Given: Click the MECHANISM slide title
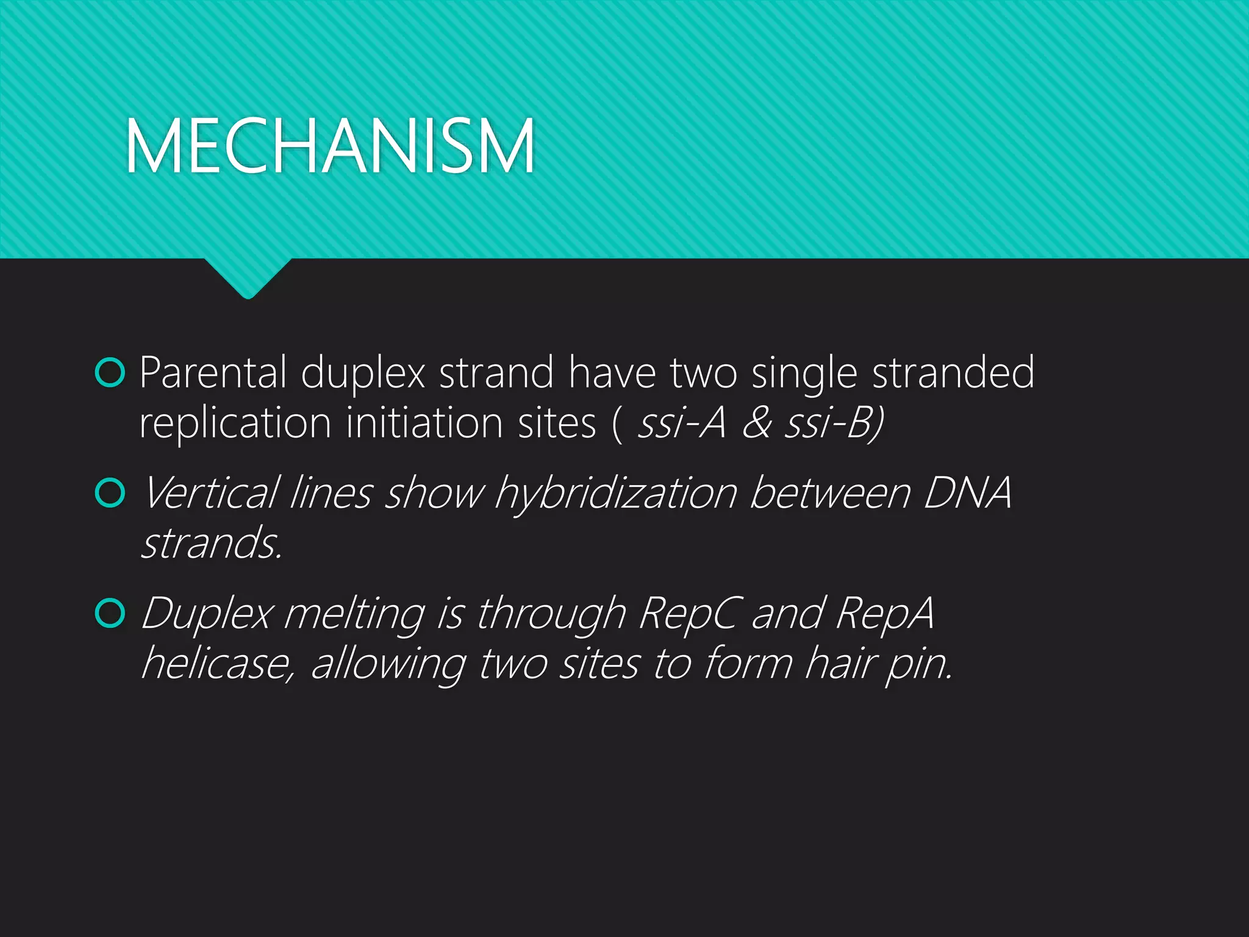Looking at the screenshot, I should pos(329,146).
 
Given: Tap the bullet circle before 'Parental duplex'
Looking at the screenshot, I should pos(110,373).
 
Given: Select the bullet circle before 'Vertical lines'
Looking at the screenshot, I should pos(110,493).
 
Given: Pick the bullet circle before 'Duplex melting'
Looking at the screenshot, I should pos(110,613).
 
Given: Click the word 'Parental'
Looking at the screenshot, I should pos(213,373).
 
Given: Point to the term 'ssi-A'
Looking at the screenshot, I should pos(681,423).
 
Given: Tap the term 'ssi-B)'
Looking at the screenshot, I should pos(834,423).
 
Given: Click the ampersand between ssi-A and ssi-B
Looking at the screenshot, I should pos(757,423).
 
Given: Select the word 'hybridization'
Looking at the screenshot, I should pos(616,493).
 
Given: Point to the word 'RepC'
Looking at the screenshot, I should pos(691,613).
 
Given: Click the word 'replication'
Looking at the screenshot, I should pos(235,423).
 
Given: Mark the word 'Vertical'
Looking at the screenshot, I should pos(211,493).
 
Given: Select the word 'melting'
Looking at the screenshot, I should pos(354,613).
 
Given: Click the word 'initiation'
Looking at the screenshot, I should pos(424,423).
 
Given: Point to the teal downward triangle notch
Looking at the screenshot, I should pos(248,278).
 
